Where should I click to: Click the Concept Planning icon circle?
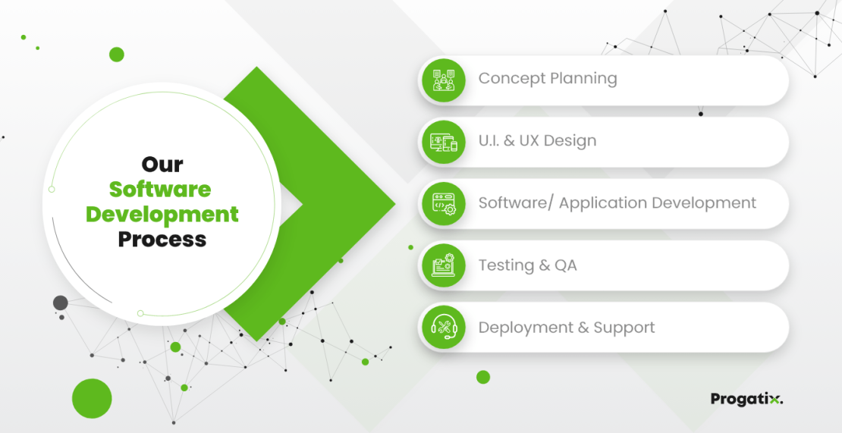444,80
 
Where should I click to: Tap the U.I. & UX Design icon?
444,142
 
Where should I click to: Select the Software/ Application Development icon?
444,204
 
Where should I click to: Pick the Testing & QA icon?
444,266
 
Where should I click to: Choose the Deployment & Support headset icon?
444,328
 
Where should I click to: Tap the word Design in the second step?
570,141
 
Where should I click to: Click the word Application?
601,203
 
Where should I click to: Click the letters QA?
565,265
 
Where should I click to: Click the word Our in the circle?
162,165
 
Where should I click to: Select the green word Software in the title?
160,189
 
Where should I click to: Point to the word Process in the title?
162,240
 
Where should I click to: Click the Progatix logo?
746,399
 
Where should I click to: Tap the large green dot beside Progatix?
483,377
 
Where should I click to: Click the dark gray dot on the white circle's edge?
61,303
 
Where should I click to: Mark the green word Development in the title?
162,215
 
